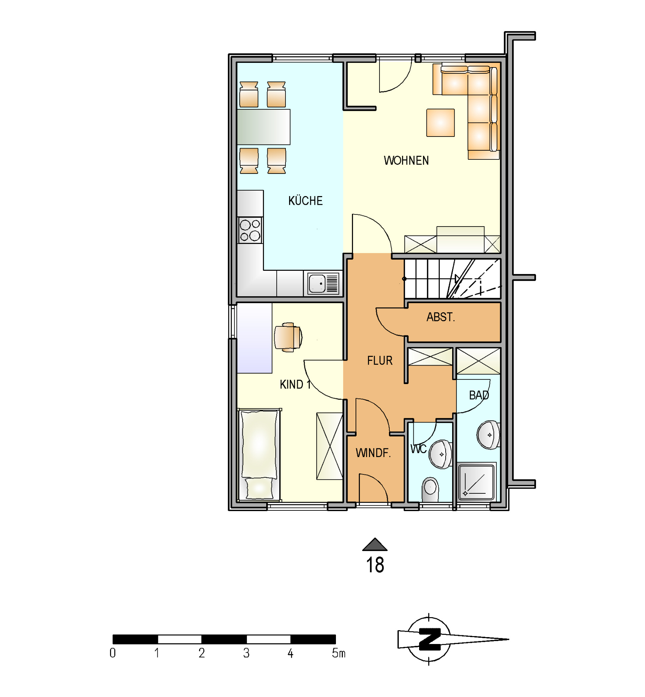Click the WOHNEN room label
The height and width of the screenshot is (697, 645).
[x=406, y=160]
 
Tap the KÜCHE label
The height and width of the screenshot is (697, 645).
[x=305, y=200]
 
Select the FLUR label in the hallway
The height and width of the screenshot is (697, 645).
[x=380, y=360]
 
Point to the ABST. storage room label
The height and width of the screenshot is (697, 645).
[x=441, y=317]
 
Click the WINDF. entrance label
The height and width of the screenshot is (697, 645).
[x=373, y=453]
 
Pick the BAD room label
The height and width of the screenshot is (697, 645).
[x=479, y=395]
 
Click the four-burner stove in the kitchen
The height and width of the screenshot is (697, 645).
[x=250, y=230]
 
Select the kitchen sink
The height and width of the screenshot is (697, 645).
[x=323, y=283]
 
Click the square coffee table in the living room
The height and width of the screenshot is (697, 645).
[x=441, y=123]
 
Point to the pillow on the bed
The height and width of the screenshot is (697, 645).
[x=259, y=488]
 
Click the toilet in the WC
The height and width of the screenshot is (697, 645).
[x=430, y=490]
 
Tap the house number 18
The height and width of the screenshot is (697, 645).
[x=375, y=565]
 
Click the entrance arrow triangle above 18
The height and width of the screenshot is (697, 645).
[x=375, y=545]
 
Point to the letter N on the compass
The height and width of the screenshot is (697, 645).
[x=430, y=639]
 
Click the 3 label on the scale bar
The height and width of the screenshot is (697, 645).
[x=246, y=653]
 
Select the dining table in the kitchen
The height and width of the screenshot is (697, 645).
[x=264, y=127]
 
